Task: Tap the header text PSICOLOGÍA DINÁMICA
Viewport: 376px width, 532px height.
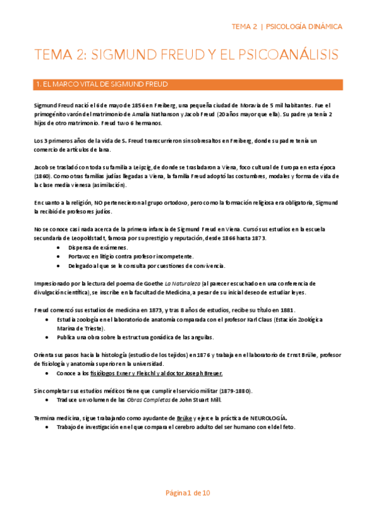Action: click(304, 26)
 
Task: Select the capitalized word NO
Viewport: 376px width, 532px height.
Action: click(100, 203)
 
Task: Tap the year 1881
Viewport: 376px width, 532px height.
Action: click(285, 310)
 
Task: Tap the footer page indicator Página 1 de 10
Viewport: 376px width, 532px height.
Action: click(188, 492)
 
